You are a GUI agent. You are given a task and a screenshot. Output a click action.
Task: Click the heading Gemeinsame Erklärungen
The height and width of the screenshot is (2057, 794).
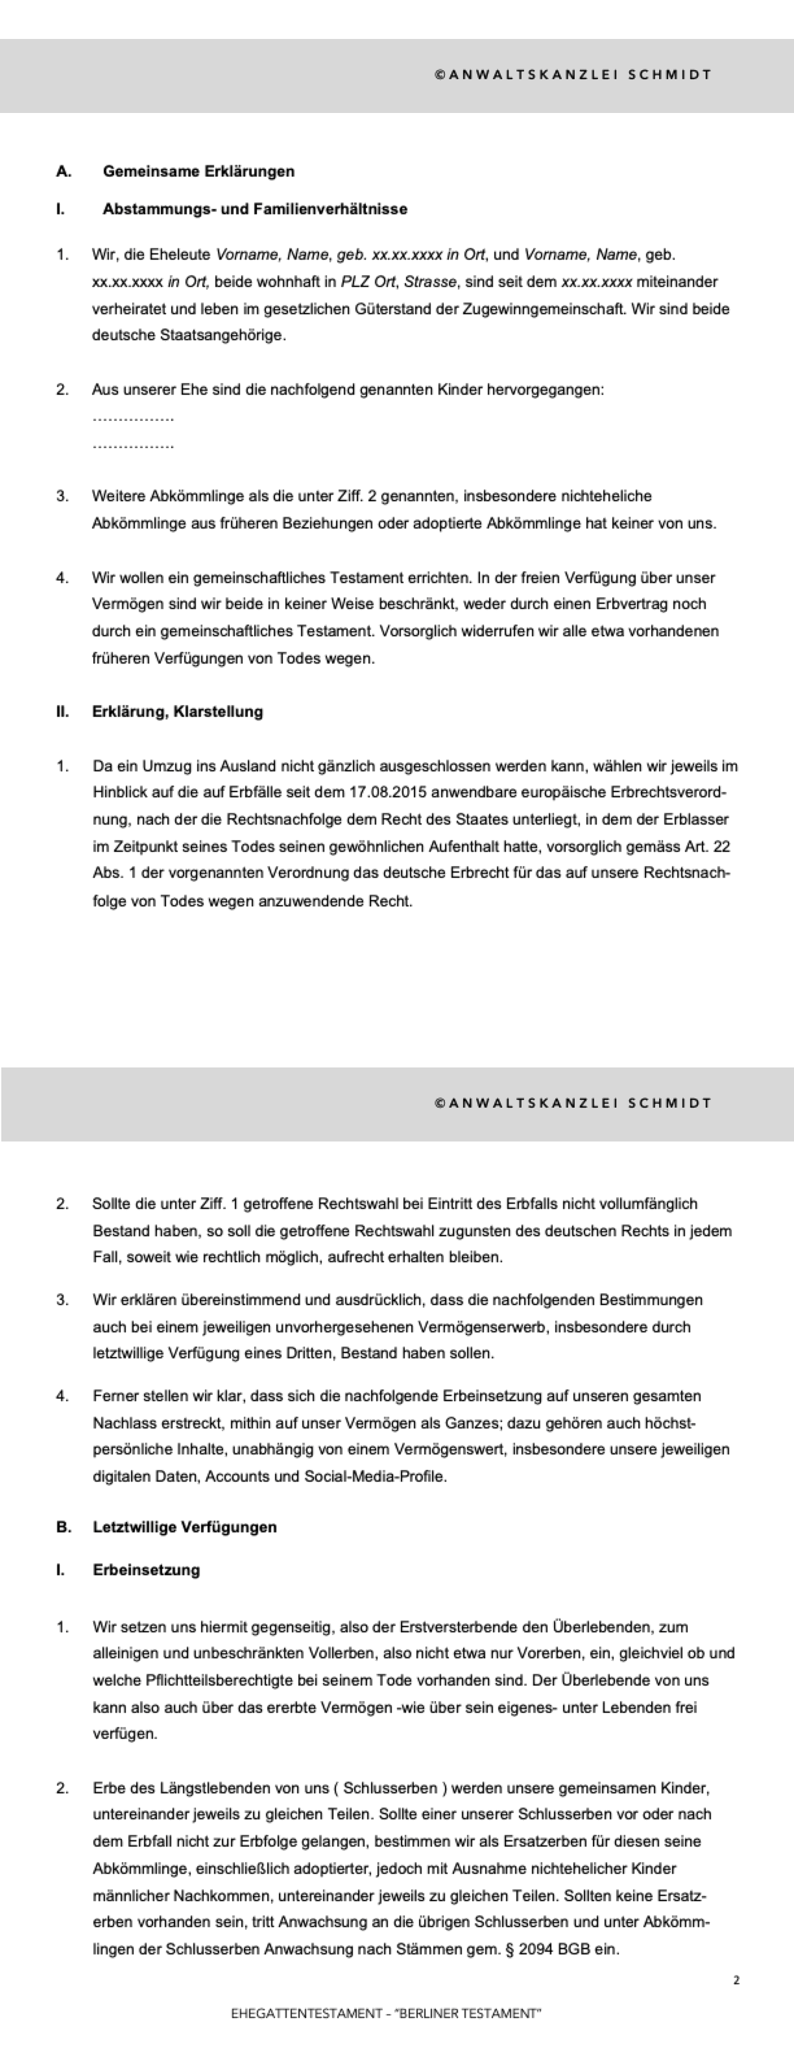tap(198, 171)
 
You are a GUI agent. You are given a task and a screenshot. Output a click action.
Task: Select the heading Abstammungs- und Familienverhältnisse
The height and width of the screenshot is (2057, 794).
tap(254, 209)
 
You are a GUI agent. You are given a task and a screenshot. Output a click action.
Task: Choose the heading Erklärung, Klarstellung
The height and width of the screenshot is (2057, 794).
tap(177, 712)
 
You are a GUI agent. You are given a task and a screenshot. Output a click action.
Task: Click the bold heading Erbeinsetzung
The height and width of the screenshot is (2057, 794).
tap(146, 1570)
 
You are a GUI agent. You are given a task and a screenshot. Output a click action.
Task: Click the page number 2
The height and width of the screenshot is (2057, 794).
tap(736, 1980)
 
